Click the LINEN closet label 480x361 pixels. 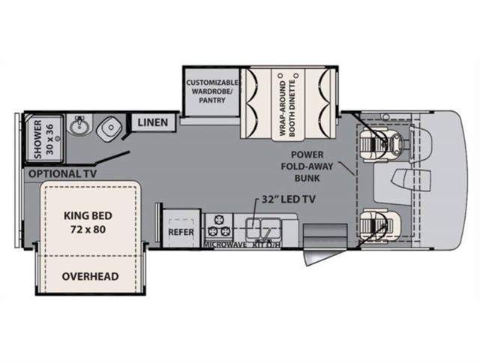coord(153,122)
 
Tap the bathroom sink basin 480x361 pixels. coord(79,125)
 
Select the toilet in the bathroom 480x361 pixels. coord(109,129)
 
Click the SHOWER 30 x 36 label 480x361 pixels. coord(43,140)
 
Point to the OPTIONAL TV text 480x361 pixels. coord(62,174)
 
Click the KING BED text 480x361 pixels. coord(88,215)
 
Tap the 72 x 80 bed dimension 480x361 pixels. coord(88,229)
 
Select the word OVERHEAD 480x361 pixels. coord(90,276)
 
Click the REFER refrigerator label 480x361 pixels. coord(181,232)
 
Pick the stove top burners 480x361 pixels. coord(218,226)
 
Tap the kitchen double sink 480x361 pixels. coord(263,228)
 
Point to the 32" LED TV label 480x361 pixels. coord(288,200)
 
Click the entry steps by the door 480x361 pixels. coord(325,233)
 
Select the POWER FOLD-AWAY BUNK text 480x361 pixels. coord(307,167)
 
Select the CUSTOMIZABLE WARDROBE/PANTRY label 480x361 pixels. coord(211,92)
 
